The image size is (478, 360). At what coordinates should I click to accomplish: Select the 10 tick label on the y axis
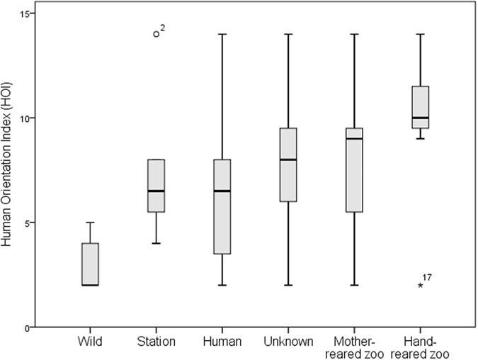click(x=23, y=118)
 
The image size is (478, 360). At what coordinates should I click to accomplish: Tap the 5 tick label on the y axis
click(x=25, y=223)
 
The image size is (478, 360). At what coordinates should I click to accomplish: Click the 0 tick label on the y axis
click(x=25, y=327)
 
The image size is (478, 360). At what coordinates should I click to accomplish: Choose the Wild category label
click(x=90, y=342)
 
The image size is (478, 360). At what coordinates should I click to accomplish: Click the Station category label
click(x=156, y=342)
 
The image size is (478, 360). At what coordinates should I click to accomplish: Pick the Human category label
click(x=222, y=342)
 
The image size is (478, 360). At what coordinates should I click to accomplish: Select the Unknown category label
click(x=288, y=342)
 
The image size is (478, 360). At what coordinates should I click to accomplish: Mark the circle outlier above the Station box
click(x=156, y=34)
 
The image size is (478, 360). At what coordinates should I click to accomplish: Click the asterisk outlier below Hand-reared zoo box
click(x=420, y=286)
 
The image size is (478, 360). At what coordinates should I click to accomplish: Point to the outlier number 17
click(x=427, y=277)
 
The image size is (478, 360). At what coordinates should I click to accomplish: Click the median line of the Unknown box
click(x=288, y=159)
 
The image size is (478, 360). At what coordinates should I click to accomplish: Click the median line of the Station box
click(x=156, y=191)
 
